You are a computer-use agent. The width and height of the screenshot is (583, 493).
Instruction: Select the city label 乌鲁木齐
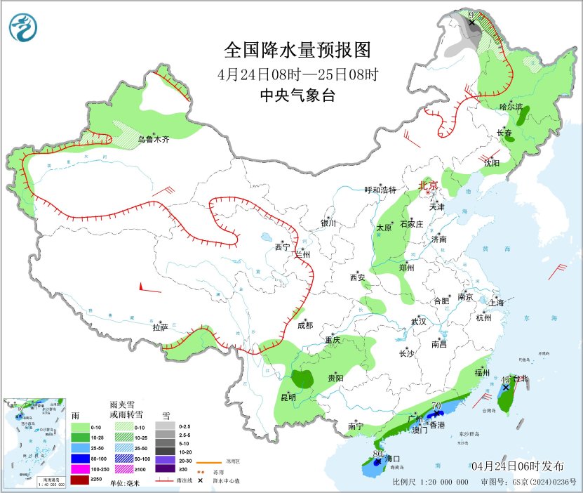(153, 140)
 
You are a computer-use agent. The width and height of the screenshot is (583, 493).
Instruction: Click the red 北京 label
(428, 186)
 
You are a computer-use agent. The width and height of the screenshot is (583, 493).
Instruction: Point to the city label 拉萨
(161, 327)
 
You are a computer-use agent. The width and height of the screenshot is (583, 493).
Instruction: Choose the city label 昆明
(288, 397)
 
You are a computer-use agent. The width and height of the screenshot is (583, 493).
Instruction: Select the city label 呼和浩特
(380, 190)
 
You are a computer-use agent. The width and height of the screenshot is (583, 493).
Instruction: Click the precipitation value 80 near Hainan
(377, 454)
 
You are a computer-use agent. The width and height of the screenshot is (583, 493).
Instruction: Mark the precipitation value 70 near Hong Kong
(435, 406)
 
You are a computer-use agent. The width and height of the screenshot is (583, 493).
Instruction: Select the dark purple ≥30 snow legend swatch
(166, 468)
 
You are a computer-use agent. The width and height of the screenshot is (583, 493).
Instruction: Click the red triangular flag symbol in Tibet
(143, 287)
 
